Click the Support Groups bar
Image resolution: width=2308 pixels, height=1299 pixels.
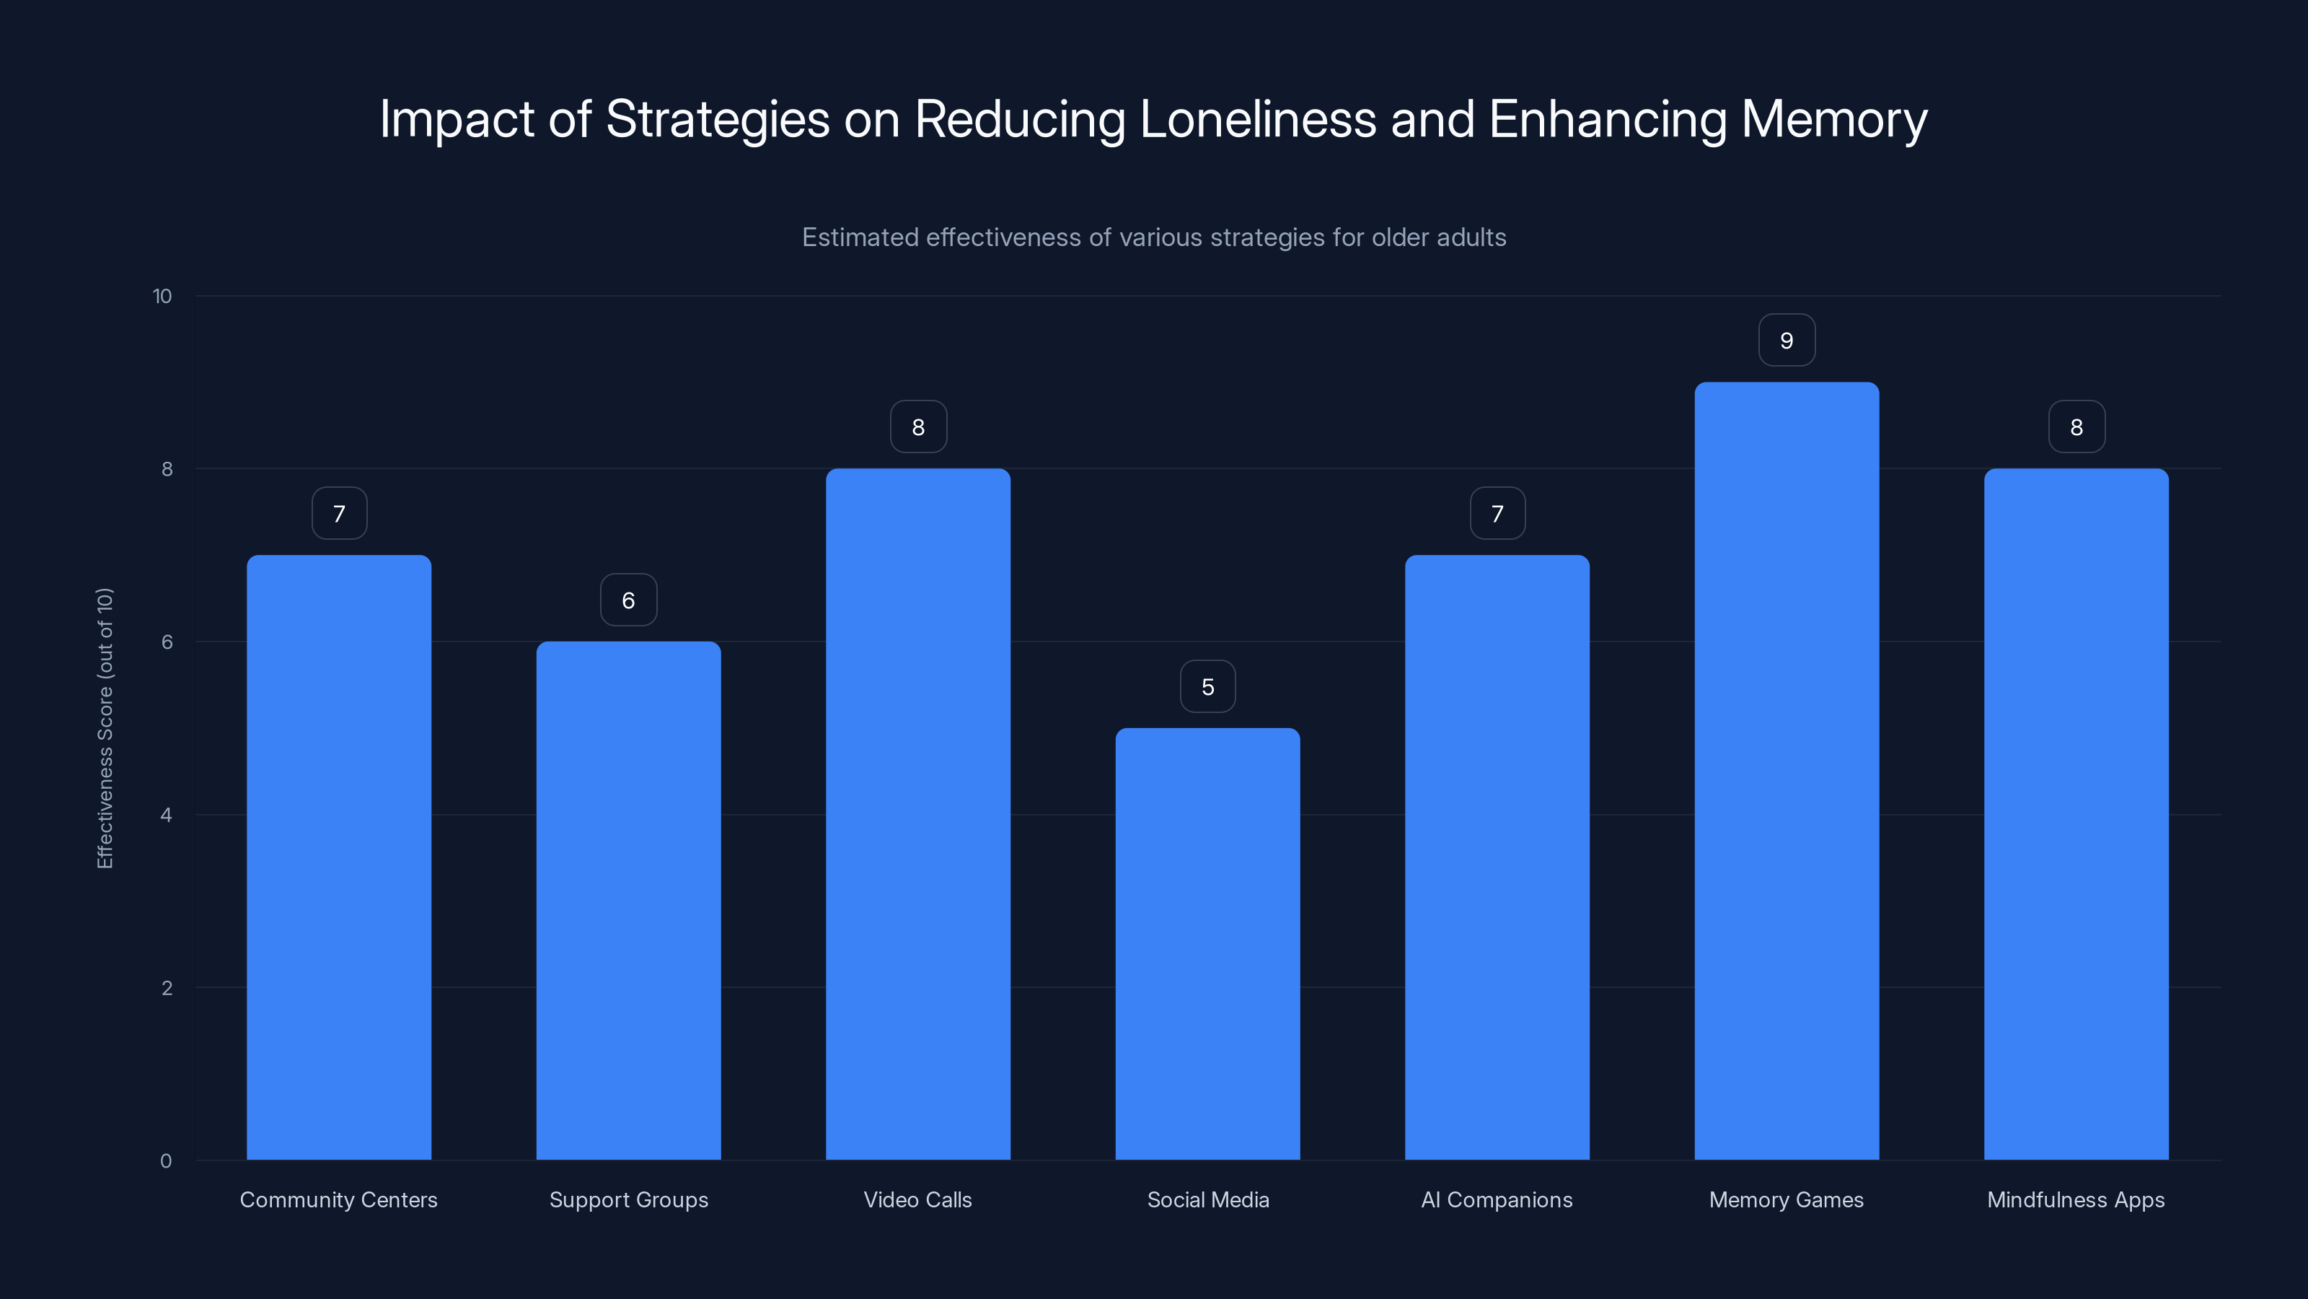pos(628,900)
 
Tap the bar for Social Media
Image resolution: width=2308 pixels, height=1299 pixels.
pos(1207,943)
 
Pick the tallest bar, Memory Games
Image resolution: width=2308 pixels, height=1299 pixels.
pos(1786,771)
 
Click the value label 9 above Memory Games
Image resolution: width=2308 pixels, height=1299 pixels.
pos(1786,341)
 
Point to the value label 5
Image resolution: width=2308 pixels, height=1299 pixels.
pos(1207,687)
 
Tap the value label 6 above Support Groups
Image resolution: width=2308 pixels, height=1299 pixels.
pos(628,600)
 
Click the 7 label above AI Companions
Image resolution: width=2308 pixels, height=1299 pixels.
pos(1497,514)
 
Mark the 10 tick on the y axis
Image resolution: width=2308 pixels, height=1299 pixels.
pos(162,296)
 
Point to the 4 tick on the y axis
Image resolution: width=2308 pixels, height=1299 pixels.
pos(166,815)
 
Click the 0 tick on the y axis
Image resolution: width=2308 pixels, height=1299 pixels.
pos(166,1161)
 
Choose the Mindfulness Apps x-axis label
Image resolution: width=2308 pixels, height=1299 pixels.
pos(2075,1199)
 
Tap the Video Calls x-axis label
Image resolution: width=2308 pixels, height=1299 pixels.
pos(917,1199)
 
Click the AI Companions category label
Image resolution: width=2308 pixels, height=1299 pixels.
pos(1497,1199)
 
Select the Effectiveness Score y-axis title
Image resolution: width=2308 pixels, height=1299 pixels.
pos(105,728)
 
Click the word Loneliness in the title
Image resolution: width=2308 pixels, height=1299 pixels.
pos(1257,119)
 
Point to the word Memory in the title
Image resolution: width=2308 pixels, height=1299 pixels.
pos(1833,119)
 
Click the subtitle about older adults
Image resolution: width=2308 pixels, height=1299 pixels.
pos(1153,237)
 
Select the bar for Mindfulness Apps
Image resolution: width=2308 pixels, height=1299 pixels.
pos(2075,814)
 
